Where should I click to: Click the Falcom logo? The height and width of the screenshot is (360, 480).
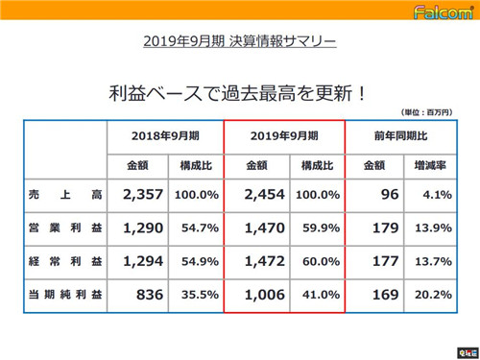442,14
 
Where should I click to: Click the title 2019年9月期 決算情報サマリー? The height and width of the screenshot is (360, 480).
240,42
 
